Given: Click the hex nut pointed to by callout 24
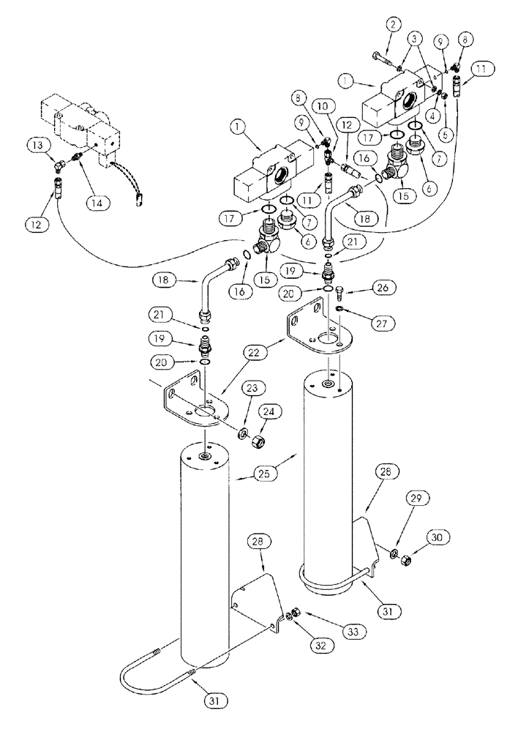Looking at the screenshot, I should click(258, 441).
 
